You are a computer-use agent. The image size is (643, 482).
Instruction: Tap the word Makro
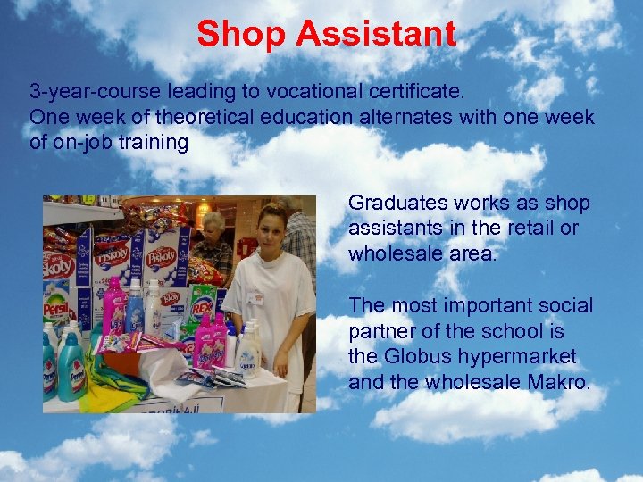click(562, 382)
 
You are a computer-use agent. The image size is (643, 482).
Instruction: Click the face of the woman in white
click(271, 229)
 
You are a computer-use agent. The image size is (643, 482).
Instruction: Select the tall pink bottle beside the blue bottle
click(115, 308)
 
